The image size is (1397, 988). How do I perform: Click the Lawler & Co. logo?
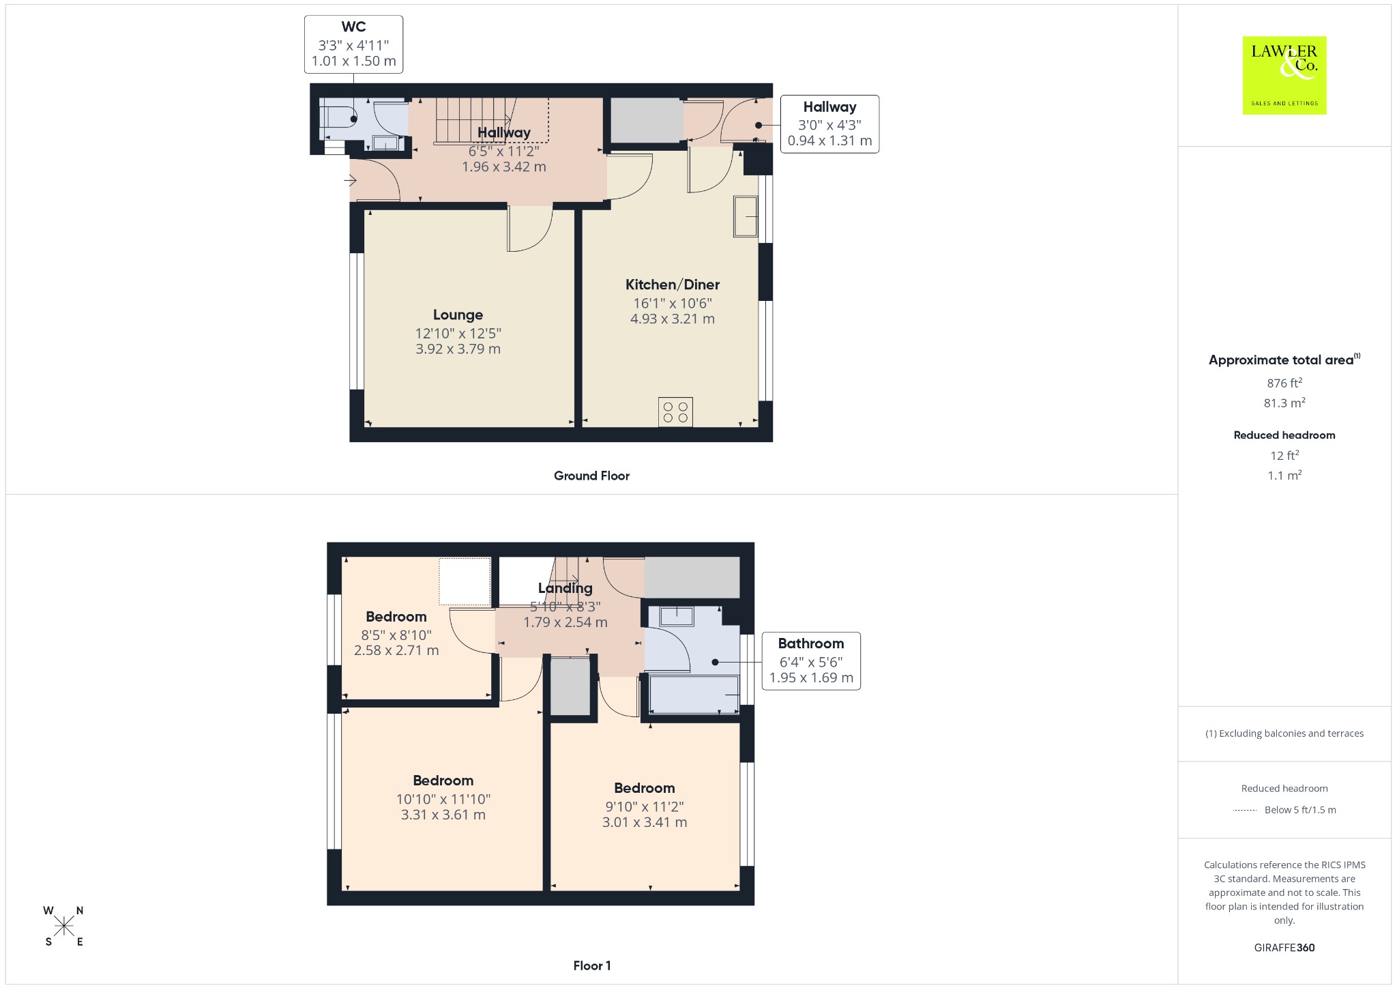(1284, 75)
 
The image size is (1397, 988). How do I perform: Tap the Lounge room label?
(458, 315)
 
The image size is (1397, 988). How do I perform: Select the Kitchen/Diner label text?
(673, 285)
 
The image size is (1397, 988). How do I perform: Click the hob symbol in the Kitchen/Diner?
(675, 412)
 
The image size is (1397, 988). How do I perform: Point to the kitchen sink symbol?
(746, 216)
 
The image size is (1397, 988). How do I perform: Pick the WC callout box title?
(353, 27)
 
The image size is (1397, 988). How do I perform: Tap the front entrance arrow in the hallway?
(350, 181)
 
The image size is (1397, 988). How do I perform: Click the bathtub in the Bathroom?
(694, 695)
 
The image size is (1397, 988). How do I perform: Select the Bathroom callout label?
(811, 643)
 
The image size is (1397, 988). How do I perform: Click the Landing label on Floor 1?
(565, 588)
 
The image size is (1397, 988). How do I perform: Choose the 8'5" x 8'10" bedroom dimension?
(396, 635)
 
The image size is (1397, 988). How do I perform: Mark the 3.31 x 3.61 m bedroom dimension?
(443, 815)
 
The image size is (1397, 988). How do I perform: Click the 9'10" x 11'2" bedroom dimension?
(645, 807)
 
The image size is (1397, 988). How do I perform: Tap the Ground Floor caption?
(591, 476)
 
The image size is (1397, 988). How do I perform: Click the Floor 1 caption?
(592, 965)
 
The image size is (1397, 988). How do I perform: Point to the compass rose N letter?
(80, 910)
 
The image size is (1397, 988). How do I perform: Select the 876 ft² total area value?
(1284, 383)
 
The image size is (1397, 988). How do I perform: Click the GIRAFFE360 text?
(1284, 948)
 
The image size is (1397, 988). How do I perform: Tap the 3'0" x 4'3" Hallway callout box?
(829, 124)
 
